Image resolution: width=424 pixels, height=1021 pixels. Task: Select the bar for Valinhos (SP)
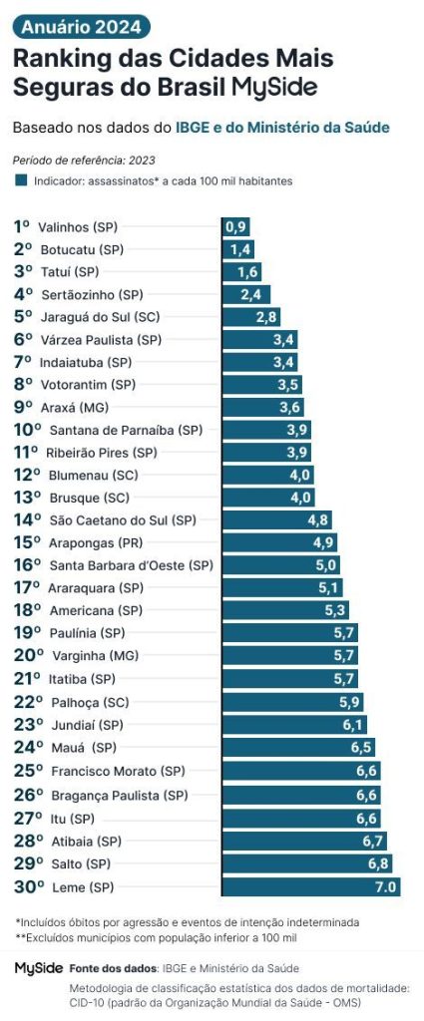pyautogui.click(x=235, y=226)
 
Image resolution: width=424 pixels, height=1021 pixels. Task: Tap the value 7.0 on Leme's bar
pyautogui.click(x=385, y=886)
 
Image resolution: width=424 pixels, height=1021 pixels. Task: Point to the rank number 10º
pyautogui.click(x=27, y=431)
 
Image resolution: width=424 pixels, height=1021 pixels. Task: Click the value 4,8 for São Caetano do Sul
pyautogui.click(x=318, y=520)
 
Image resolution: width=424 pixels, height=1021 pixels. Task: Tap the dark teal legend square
pyautogui.click(x=20, y=181)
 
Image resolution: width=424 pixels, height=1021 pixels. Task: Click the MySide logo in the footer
pyautogui.click(x=39, y=967)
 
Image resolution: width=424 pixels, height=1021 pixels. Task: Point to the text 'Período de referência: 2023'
pyautogui.click(x=84, y=160)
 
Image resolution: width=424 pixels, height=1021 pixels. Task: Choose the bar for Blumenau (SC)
pyautogui.click(x=267, y=476)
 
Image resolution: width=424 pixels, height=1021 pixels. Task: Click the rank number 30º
pyautogui.click(x=27, y=886)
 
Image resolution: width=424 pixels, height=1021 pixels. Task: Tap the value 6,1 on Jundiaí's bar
pyautogui.click(x=353, y=725)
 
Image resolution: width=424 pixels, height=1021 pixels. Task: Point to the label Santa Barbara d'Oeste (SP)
pyautogui.click(x=131, y=565)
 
